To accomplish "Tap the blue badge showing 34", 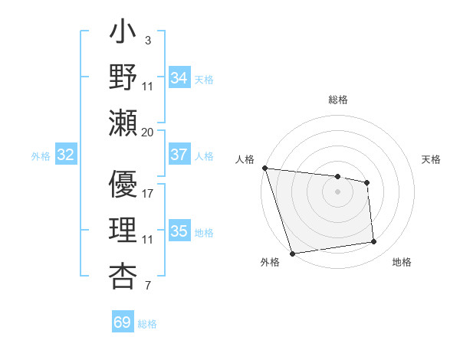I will click(179, 77).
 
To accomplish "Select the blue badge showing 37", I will click(179, 155).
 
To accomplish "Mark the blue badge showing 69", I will click(122, 322).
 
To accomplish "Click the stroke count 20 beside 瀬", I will click(147, 132).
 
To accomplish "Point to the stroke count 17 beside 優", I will click(147, 193).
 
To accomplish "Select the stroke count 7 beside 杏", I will click(147, 286).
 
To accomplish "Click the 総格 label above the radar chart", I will click(337, 100).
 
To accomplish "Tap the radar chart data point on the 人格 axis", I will click(264, 168).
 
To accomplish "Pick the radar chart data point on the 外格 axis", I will click(292, 254).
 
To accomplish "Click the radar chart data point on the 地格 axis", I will click(374, 242).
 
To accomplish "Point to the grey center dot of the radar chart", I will click(337, 191).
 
